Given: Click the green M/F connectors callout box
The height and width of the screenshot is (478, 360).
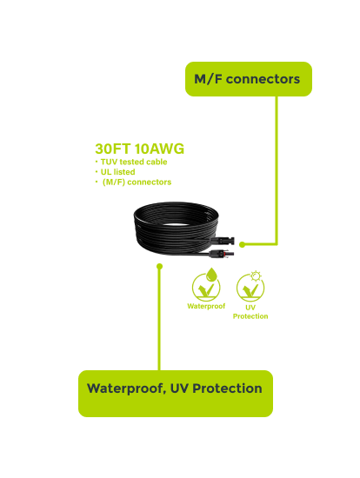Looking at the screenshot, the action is point(249,79).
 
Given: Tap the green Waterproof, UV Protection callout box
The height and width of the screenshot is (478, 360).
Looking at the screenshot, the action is point(176,393).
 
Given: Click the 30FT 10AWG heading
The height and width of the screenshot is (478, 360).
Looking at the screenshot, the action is point(139,149).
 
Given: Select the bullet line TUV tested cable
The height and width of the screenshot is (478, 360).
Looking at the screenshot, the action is point(131,162).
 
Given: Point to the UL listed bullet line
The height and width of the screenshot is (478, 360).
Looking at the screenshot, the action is point(115,172).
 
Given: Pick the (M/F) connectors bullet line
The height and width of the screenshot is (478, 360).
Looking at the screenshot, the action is point(133,182).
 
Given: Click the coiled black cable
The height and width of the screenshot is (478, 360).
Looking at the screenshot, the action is point(176,229).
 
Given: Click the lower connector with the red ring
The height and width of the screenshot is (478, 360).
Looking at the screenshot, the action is point(222,253).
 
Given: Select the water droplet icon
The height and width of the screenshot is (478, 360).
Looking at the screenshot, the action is point(211,275).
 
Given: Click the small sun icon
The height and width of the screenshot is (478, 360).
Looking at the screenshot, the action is point(256,276).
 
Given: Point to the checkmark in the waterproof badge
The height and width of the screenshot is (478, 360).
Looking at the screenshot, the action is point(206,290).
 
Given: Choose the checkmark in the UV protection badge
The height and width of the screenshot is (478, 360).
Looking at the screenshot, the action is point(250,290).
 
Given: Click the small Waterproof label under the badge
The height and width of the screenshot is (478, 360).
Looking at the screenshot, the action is point(206,306).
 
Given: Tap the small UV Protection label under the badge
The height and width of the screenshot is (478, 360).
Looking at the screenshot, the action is point(250,312).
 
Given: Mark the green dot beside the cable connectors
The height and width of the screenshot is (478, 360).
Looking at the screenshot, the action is point(243,244).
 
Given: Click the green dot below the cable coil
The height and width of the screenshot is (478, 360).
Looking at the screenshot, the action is point(159,267).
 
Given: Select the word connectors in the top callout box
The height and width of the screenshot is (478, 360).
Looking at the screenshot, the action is point(263,79).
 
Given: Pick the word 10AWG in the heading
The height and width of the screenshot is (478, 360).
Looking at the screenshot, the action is point(159,149).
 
